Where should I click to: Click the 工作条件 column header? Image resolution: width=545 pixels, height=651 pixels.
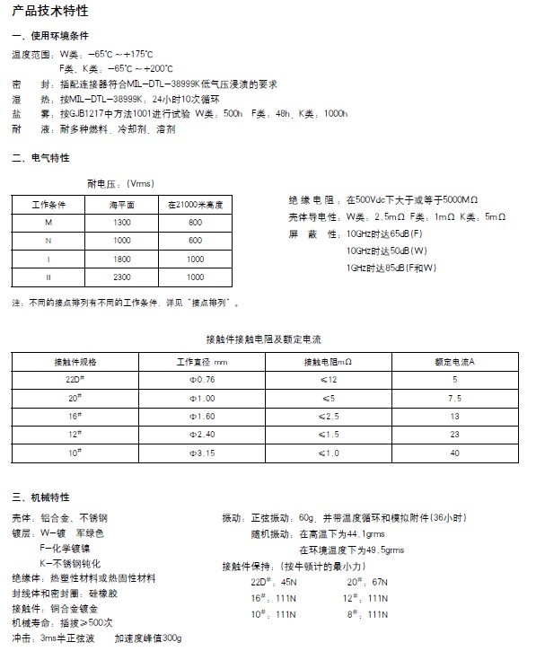coord(48,205)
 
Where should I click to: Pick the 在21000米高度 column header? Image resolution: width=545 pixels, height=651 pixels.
coord(195,205)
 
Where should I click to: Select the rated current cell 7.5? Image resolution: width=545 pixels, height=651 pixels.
coord(454,397)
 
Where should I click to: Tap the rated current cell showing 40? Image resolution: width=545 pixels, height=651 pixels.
coord(454,453)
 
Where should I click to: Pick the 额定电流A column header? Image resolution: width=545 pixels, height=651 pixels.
coord(454,361)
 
